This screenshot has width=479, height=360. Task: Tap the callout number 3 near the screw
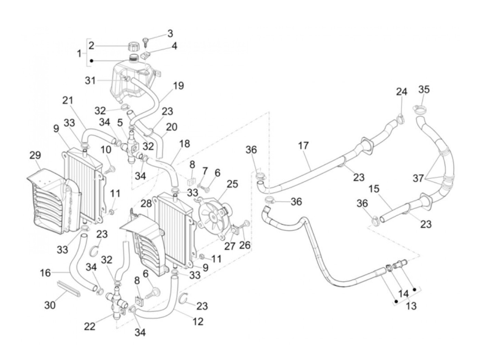(x=170, y=34)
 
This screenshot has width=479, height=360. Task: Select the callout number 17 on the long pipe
(x=303, y=146)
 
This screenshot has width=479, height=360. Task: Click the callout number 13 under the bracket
(x=411, y=306)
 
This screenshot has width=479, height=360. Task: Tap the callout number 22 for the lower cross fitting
(x=90, y=327)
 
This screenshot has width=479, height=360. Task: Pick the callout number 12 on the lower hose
(x=198, y=321)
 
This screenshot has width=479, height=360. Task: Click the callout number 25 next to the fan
(x=232, y=184)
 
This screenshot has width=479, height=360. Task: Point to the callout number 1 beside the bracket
(x=79, y=53)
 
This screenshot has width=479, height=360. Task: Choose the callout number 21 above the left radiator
(x=68, y=101)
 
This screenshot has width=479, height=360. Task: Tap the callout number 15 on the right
(x=374, y=189)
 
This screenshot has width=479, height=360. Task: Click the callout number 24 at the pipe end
(x=402, y=92)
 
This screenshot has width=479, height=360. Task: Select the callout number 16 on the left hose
(x=45, y=273)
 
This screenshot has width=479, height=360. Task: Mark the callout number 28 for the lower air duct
(x=146, y=204)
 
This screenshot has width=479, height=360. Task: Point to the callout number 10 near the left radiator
(x=106, y=150)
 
